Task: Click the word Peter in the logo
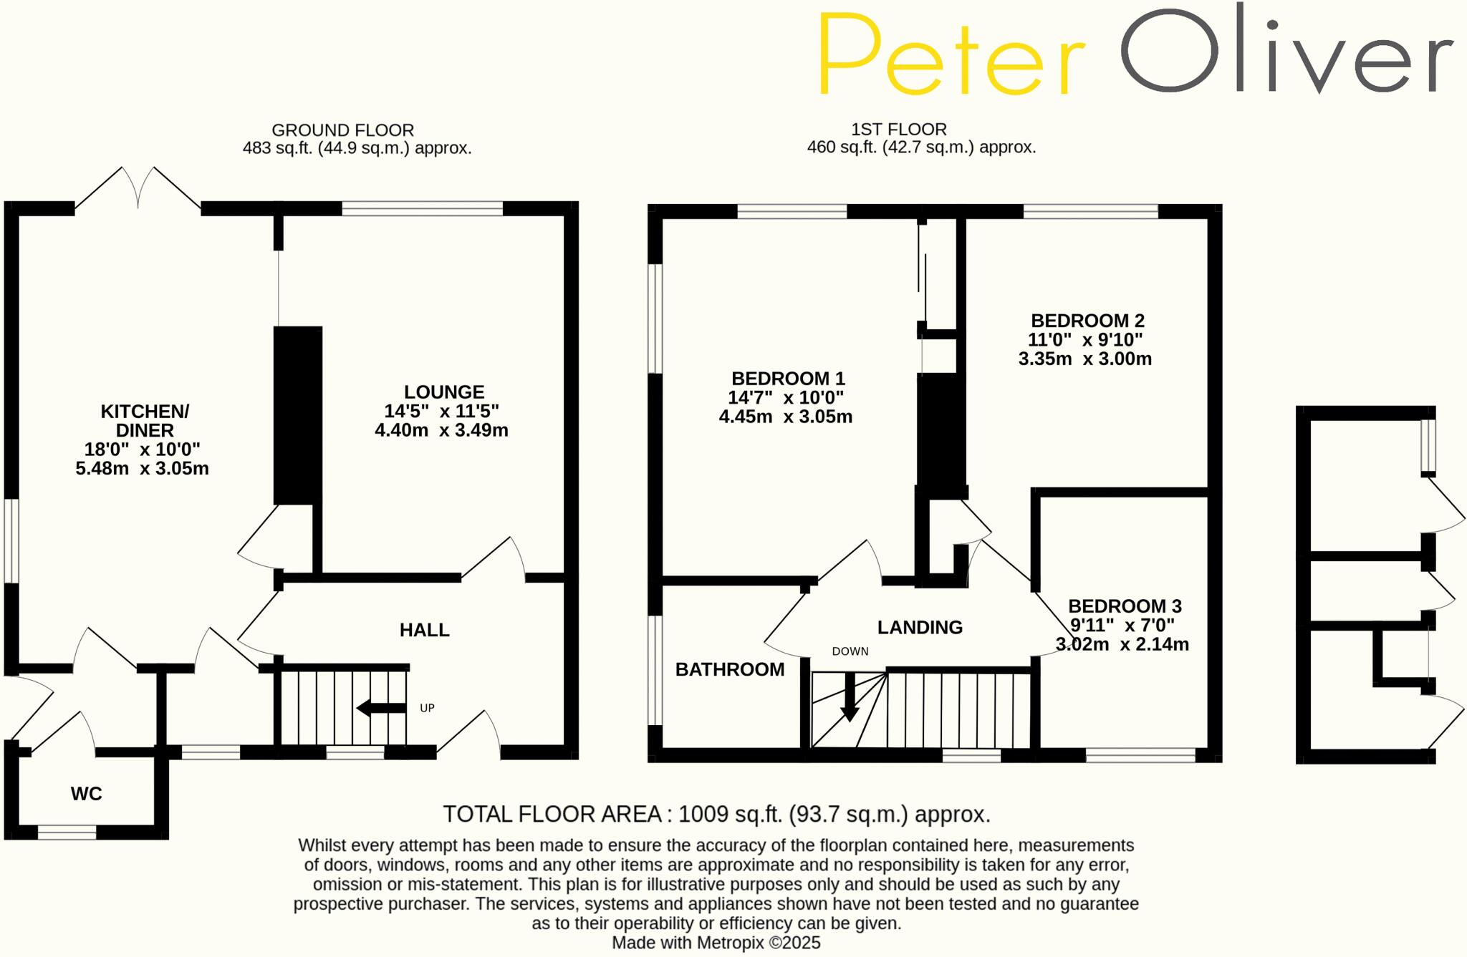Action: pyautogui.click(x=951, y=56)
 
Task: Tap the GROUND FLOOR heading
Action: pyautogui.click(x=342, y=130)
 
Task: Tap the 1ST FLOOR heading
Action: pyautogui.click(x=899, y=130)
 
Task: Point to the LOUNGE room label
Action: pyautogui.click(x=444, y=392)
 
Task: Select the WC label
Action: pyautogui.click(x=86, y=794)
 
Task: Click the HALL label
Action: pyautogui.click(x=424, y=630)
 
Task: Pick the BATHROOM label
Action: pyautogui.click(x=730, y=669)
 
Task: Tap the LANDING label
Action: pyautogui.click(x=920, y=628)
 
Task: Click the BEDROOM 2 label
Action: pyautogui.click(x=1087, y=321)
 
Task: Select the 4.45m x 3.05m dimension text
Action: pyautogui.click(x=786, y=417)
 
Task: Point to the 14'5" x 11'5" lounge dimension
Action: pyautogui.click(x=441, y=412)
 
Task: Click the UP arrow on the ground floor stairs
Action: pyautogui.click(x=381, y=709)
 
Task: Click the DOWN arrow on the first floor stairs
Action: pyautogui.click(x=850, y=697)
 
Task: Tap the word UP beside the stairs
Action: pyautogui.click(x=427, y=709)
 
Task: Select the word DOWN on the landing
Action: pyautogui.click(x=850, y=651)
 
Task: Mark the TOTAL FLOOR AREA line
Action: pyautogui.click(x=716, y=815)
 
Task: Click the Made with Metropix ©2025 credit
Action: pyautogui.click(x=716, y=943)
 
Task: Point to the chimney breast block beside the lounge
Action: pyautogui.click(x=298, y=415)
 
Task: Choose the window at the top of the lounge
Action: pyautogui.click(x=423, y=209)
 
